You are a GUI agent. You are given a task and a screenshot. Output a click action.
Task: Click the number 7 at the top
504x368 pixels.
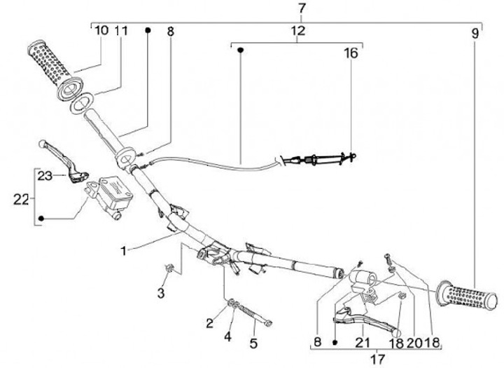coord(302,8)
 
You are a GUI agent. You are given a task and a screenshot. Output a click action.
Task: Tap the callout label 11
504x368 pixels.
coord(121,31)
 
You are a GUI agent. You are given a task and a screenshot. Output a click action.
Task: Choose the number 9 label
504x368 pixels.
coord(475,32)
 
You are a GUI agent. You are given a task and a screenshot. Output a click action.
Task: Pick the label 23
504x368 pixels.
coord(45,175)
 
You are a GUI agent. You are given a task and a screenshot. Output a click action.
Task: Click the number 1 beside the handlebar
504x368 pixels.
coord(123,249)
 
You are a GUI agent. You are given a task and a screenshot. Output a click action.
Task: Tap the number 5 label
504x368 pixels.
coord(253,343)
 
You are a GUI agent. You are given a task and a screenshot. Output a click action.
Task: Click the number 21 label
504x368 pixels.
coord(362,342)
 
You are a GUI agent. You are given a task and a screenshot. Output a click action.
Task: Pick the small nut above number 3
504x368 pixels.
coord(168,267)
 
